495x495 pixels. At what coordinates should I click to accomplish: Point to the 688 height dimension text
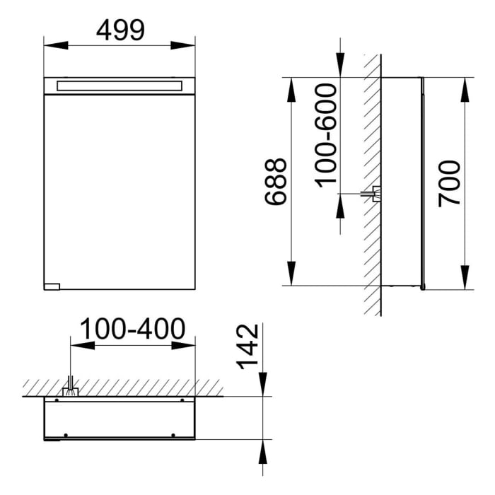[276, 182]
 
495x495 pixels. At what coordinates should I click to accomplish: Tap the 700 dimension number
[450, 183]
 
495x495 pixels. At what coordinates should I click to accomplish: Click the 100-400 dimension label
[132, 329]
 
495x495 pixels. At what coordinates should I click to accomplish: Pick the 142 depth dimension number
[245, 346]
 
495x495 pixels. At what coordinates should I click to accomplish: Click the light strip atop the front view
[120, 86]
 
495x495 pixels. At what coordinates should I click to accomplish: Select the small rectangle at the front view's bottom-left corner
[52, 286]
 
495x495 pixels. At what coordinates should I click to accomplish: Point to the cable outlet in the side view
[375, 193]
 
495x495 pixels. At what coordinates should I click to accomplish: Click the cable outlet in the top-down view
[71, 388]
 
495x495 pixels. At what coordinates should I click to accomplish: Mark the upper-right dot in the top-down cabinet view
[182, 401]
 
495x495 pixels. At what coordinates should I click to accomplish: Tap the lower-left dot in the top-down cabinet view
[65, 434]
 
